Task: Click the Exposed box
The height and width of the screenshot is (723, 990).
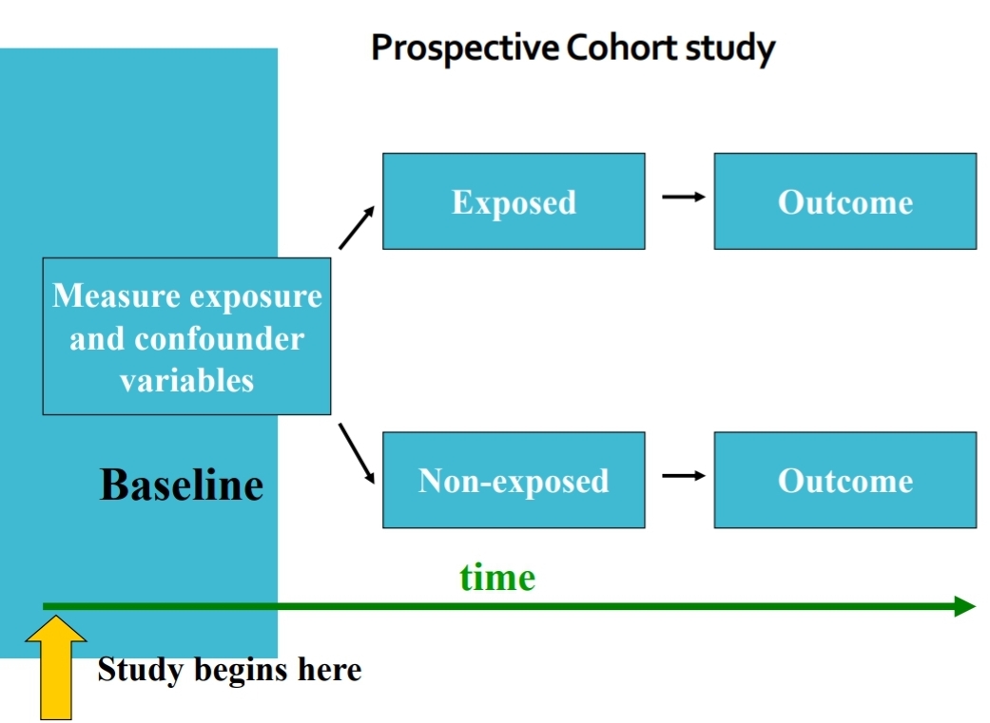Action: (x=514, y=201)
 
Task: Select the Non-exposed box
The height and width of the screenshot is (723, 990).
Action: (x=514, y=480)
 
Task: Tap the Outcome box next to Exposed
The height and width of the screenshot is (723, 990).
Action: (x=844, y=201)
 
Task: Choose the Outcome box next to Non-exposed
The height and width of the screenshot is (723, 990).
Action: (x=844, y=480)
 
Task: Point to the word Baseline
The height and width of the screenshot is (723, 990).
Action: (x=182, y=485)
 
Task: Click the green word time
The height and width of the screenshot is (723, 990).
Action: (x=497, y=577)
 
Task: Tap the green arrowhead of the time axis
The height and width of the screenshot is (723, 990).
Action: (x=964, y=606)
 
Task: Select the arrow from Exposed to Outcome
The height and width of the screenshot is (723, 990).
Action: (x=683, y=197)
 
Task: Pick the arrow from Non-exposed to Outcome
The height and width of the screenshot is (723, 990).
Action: (x=683, y=475)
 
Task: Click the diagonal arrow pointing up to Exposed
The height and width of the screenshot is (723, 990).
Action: (x=357, y=229)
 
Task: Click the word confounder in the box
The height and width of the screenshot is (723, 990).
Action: (x=220, y=338)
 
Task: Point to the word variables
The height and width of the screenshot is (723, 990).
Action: (x=186, y=380)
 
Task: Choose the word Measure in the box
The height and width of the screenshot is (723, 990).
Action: (x=117, y=295)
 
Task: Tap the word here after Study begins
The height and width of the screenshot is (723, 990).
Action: (x=329, y=670)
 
